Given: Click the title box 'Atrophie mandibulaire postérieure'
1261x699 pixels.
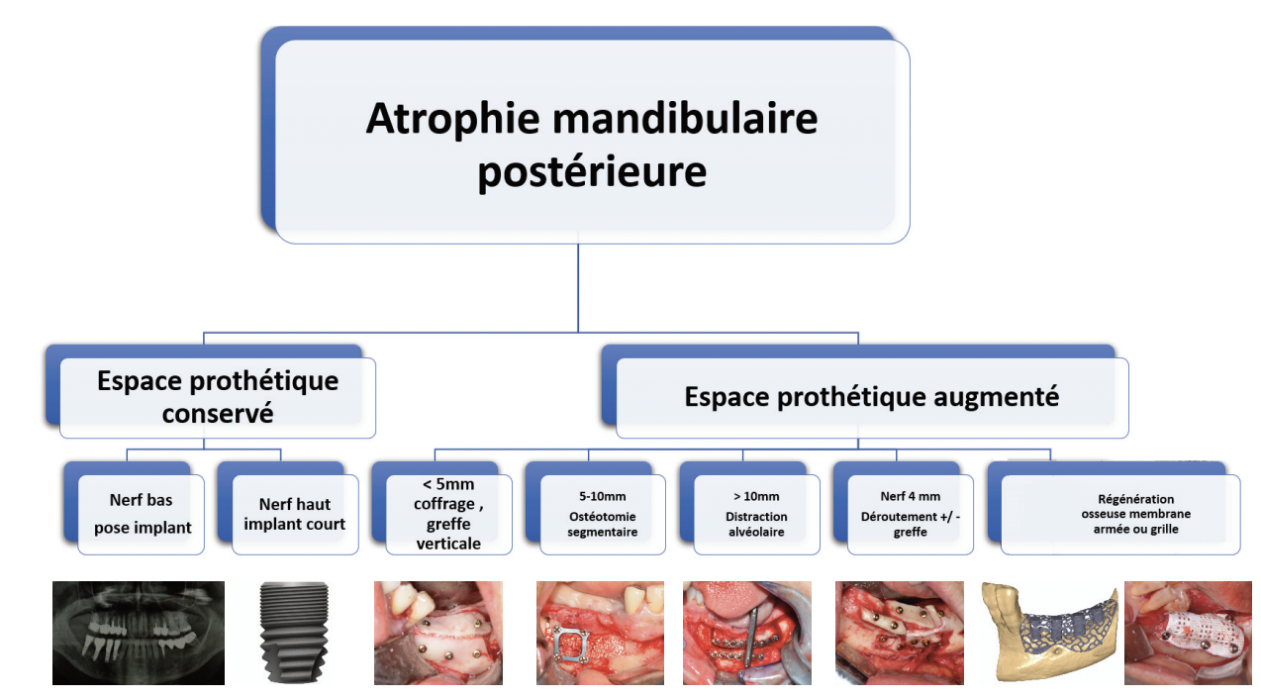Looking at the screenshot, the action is pos(586,136).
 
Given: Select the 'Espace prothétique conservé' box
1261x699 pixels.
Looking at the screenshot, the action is pos(211,391).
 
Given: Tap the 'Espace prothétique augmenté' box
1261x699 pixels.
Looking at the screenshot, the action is pos(865,391).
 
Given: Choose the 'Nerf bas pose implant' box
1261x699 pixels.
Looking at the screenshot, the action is pos(134,508).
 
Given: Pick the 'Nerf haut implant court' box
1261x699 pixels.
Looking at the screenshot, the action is pos(288,508).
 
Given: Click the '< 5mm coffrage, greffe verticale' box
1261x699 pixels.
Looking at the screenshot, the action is pos(441,508).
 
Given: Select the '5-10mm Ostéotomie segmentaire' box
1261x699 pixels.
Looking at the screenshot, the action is pos(596,508).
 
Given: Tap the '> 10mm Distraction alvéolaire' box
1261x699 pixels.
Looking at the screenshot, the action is pos(750,508).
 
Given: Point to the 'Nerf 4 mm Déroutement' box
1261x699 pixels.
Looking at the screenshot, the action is pos(904,508).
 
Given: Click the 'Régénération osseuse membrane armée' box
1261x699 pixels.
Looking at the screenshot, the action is pos(1115,508).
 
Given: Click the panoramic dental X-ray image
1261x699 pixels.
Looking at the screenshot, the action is pos(139,633).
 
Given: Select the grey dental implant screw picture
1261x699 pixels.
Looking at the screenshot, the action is pos(293,633).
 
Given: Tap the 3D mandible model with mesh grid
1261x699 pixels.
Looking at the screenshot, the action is pos(1050,632).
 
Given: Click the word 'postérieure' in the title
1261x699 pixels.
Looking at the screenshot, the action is pos(592,172).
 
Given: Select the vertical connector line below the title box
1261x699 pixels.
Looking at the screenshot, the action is pos(578,288).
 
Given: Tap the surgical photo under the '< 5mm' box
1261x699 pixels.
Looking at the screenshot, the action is pos(438,633).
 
